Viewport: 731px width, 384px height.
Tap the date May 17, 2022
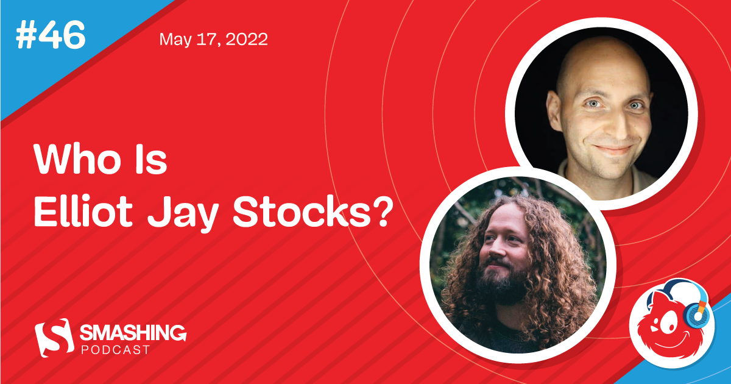[x=213, y=40]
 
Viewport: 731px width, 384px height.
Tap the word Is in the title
[x=149, y=162]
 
